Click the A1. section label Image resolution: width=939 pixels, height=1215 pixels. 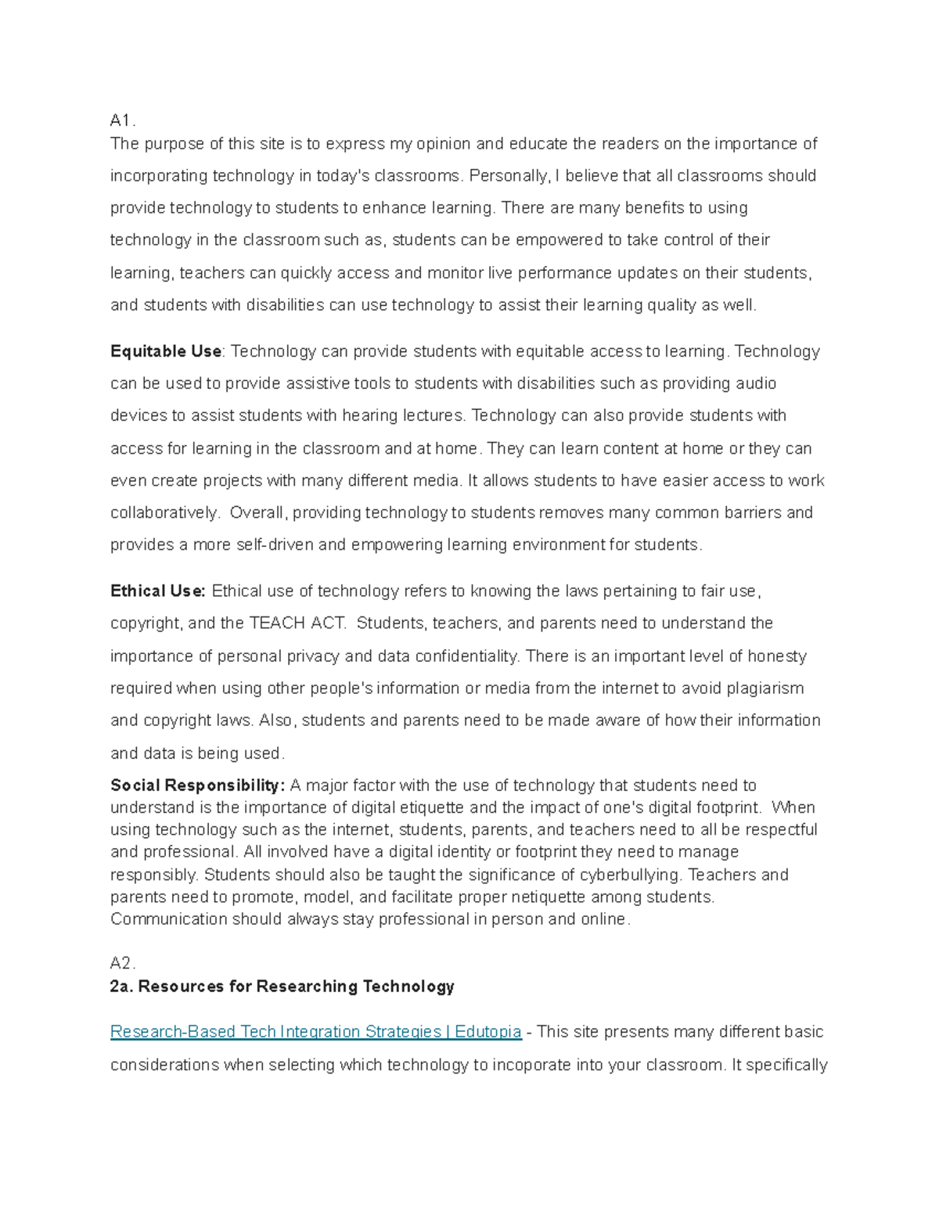pos(122,120)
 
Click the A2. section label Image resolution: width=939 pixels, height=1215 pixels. pos(122,963)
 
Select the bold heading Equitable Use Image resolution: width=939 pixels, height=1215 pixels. pos(166,351)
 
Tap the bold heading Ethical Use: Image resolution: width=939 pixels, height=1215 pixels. pos(158,591)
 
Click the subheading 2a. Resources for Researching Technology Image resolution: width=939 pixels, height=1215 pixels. pos(282,986)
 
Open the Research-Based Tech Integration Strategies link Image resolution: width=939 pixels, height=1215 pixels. pos(315,1031)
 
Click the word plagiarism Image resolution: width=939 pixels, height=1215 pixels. pos(765,688)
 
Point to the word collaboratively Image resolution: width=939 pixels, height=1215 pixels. pos(164,512)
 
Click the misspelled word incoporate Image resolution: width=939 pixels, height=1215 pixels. pos(531,1064)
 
